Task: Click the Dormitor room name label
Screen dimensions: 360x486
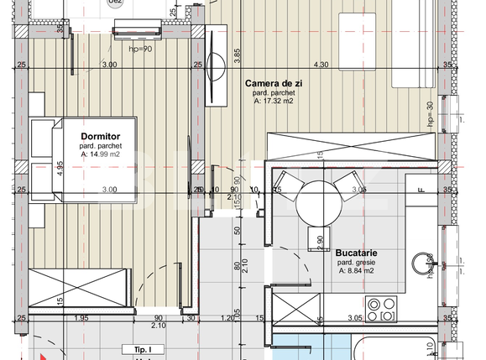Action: (x=101, y=135)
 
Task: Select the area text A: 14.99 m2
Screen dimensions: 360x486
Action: (x=101, y=154)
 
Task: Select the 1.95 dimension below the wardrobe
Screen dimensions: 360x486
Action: (x=81, y=317)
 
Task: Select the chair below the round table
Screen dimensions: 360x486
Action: (x=317, y=237)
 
